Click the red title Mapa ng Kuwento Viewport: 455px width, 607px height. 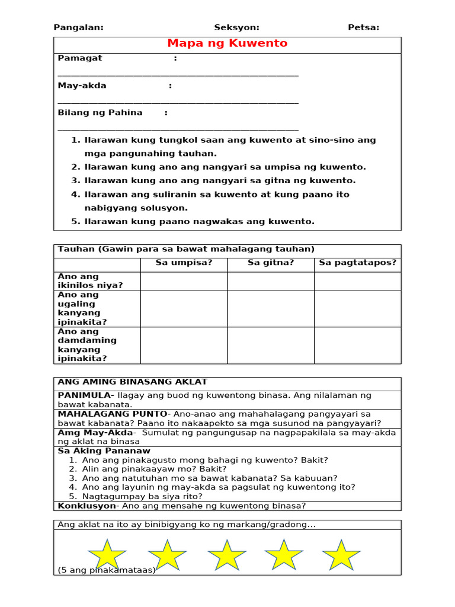pyautogui.click(x=227, y=43)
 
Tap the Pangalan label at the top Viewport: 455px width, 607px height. pyautogui.click(x=78, y=27)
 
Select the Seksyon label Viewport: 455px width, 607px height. pyautogui.click(x=236, y=27)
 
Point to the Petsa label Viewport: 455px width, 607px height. pyautogui.click(x=363, y=27)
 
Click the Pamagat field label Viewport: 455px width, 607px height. pyautogui.click(x=80, y=58)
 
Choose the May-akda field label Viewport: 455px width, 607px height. pyautogui.click(x=82, y=85)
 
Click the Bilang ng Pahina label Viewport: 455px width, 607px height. pyautogui.click(x=100, y=113)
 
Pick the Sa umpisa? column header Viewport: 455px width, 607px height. pyautogui.click(x=184, y=263)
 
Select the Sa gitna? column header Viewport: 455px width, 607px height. pyautogui.click(x=271, y=263)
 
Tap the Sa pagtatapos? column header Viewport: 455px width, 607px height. pyautogui.click(x=357, y=263)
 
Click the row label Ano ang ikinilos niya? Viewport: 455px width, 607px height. pyautogui.click(x=90, y=281)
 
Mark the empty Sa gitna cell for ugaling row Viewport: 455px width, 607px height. pyautogui.click(x=271, y=308)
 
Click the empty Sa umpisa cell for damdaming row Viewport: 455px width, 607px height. pyautogui.click(x=184, y=345)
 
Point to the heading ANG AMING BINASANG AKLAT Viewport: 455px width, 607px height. pyautogui.click(x=132, y=382)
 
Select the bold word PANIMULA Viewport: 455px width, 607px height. pyautogui.click(x=85, y=395)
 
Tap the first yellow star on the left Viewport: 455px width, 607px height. pyautogui.click(x=107, y=555)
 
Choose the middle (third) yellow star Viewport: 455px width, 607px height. pyautogui.click(x=227, y=555)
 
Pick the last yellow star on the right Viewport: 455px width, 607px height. pyautogui.click(x=341, y=555)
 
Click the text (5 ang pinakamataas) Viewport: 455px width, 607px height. pyautogui.click(x=106, y=570)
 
